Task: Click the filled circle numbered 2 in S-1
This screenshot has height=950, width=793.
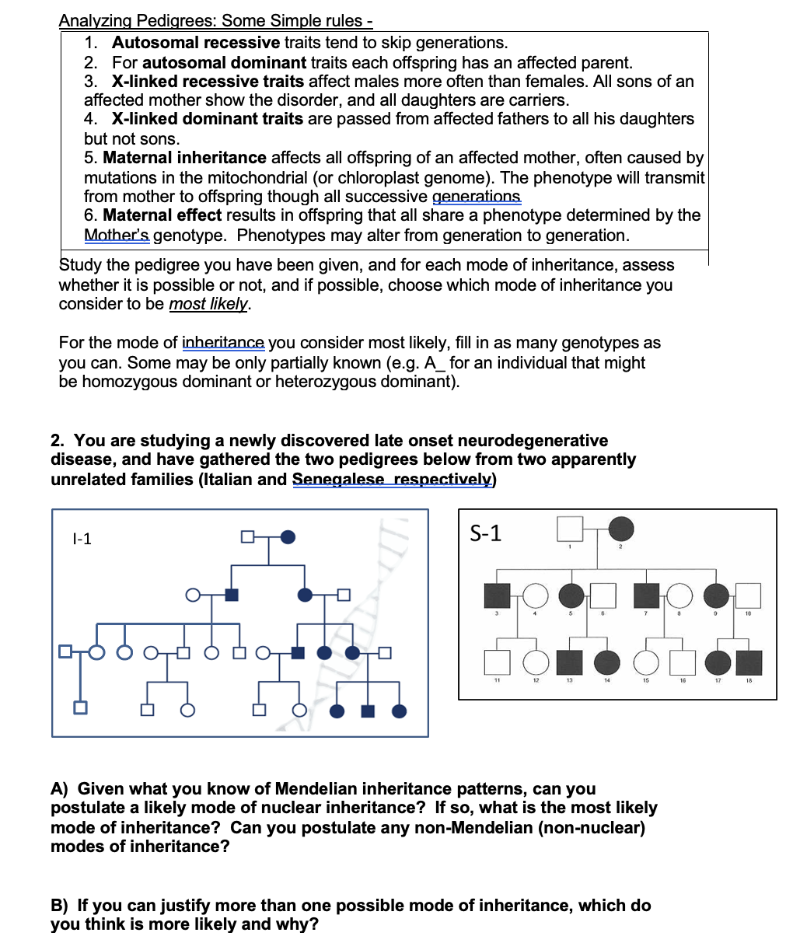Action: point(620,529)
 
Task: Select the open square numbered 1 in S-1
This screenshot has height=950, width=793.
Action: point(570,529)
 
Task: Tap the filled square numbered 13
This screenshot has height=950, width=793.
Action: point(570,662)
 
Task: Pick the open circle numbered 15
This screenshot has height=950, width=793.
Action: point(645,662)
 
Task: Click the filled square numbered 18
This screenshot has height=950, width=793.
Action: point(749,662)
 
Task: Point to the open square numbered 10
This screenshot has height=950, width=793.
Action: point(748,595)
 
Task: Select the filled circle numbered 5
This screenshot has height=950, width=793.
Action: point(571,595)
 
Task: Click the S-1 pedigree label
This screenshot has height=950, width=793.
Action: point(486,533)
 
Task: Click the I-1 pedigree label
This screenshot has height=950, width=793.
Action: point(82,539)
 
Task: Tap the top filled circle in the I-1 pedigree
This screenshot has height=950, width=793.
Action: point(288,536)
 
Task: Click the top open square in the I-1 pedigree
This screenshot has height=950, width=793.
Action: point(247,536)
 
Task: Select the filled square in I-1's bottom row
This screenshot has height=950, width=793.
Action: point(368,711)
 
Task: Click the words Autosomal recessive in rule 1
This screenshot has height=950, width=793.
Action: point(195,43)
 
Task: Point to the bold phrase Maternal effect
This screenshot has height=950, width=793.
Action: point(162,215)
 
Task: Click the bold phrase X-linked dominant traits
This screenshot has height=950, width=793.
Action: point(207,119)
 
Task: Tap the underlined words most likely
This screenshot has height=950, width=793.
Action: point(208,304)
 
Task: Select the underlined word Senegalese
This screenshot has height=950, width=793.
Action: point(337,480)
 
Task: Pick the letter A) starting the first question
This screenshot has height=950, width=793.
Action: point(60,789)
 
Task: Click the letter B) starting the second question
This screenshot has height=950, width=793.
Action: point(60,906)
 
